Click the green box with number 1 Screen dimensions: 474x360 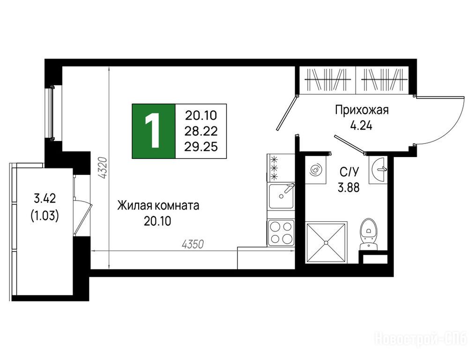click(x=154, y=131)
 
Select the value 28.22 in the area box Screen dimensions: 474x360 click(x=201, y=131)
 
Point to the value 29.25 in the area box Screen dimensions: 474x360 click(x=201, y=147)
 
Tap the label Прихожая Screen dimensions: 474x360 click(x=362, y=111)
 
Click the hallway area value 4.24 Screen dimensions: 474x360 click(x=361, y=125)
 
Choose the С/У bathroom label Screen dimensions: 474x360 click(x=349, y=172)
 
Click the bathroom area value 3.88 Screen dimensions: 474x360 click(x=348, y=188)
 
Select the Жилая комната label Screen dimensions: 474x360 click(x=158, y=206)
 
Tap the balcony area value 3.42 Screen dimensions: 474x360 click(x=44, y=199)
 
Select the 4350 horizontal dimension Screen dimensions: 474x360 click(x=193, y=244)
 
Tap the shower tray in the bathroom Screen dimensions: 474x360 click(x=326, y=242)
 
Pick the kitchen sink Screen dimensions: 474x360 click(x=281, y=196)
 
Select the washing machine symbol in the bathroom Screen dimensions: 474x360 click(x=316, y=170)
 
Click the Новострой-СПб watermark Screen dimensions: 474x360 click(x=421, y=339)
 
